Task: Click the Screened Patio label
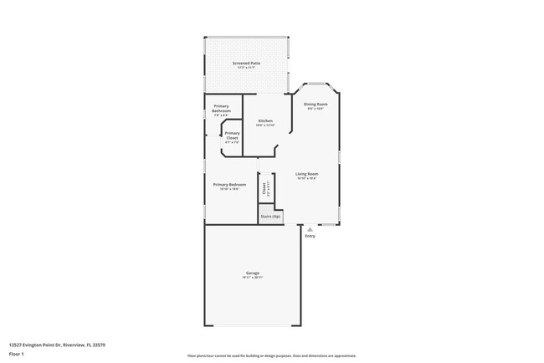(248, 63)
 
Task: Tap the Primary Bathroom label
(221, 108)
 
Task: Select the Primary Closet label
(232, 135)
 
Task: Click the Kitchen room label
(265, 120)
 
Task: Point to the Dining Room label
(314, 104)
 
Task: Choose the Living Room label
(305, 173)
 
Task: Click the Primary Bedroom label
(229, 183)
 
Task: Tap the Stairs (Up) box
(269, 216)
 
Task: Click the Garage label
(252, 274)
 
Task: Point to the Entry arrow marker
(310, 228)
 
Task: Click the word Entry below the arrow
(310, 236)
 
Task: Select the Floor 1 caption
(16, 353)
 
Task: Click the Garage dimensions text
(252, 279)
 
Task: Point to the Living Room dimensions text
(305, 178)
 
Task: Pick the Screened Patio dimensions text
(248, 68)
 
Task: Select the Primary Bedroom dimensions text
(229, 188)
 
